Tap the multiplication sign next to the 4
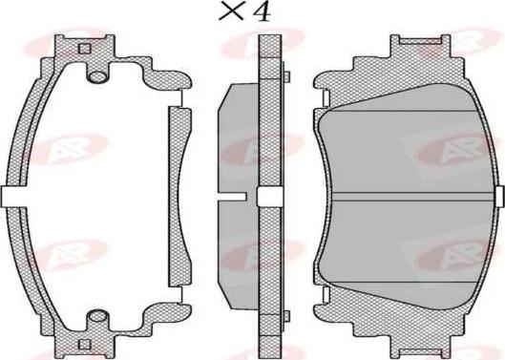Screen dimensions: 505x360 (x=231, y=12)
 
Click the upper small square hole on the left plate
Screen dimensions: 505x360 (x=85, y=49)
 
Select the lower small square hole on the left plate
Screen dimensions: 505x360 (x=85, y=345)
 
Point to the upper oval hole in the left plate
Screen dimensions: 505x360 (x=97, y=76)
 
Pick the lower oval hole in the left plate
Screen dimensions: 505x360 (x=97, y=316)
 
